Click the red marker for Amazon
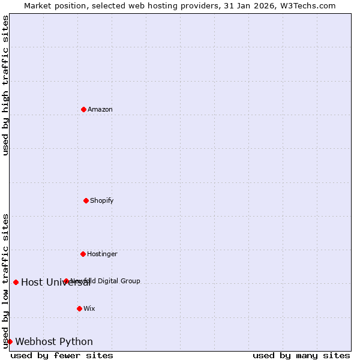click(83, 109)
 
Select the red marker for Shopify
click(86, 200)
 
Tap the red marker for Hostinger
click(83, 254)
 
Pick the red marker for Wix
click(79, 308)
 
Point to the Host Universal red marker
click(16, 282)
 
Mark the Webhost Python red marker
click(10, 341)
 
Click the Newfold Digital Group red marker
click(66, 281)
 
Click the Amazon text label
click(100, 109)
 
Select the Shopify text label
click(102, 200)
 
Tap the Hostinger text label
click(102, 254)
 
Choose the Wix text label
click(89, 308)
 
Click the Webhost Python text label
click(54, 342)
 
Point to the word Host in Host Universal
click(32, 283)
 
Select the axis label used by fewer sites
click(62, 355)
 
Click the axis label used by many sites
click(301, 355)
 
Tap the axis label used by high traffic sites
click(6, 85)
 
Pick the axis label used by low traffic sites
click(6, 280)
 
